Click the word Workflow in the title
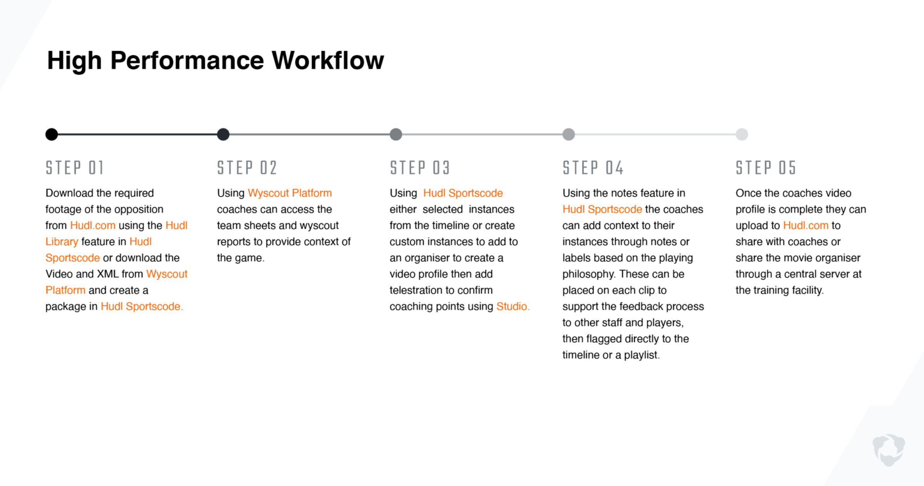(x=328, y=60)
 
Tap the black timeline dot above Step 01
(x=52, y=134)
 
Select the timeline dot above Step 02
(x=223, y=134)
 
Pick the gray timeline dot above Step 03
(x=396, y=134)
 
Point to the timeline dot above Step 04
(x=569, y=134)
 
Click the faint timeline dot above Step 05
(x=742, y=134)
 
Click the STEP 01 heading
(x=75, y=168)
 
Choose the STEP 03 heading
(x=420, y=168)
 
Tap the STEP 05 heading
(x=765, y=168)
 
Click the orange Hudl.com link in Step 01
(x=93, y=225)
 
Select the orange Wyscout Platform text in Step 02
(x=290, y=193)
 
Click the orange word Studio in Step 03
(x=512, y=306)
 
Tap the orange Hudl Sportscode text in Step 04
(x=602, y=209)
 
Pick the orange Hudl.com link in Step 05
(x=805, y=225)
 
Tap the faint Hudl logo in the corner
(x=889, y=450)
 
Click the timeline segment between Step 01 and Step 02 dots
(x=137, y=134)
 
